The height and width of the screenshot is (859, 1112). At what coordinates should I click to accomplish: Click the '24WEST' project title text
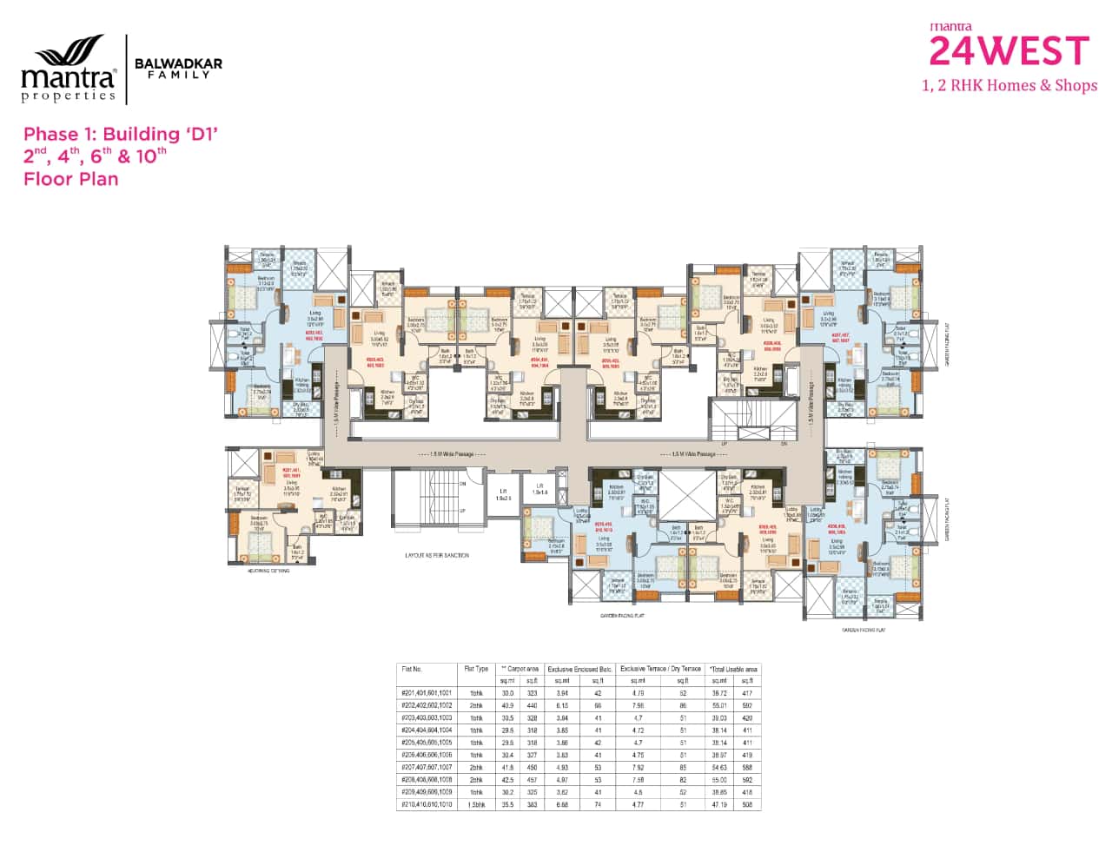point(1009,51)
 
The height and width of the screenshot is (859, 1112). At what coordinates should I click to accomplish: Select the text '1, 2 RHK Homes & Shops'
point(1009,85)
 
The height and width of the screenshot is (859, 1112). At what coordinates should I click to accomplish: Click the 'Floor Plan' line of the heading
point(70,179)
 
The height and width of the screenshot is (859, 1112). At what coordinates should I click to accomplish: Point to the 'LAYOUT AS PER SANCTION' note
point(437,554)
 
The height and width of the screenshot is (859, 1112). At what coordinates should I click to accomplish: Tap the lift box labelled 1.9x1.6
point(539,489)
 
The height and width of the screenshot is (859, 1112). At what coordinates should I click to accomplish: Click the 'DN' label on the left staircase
point(462,483)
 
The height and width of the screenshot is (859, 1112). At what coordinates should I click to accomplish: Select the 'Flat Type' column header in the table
point(477,669)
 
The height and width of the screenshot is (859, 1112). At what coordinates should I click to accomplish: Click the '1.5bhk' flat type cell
point(477,804)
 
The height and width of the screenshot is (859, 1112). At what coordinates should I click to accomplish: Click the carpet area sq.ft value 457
point(532,780)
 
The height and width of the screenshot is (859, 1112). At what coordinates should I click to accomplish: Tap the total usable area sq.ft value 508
point(746,804)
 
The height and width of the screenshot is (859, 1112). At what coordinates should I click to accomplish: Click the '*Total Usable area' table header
point(733,669)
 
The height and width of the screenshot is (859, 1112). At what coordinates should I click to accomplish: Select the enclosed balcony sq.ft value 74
point(598,804)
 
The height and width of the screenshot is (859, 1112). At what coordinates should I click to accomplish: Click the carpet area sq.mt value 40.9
point(507,706)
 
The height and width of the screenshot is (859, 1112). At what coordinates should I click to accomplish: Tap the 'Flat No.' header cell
point(412,669)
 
